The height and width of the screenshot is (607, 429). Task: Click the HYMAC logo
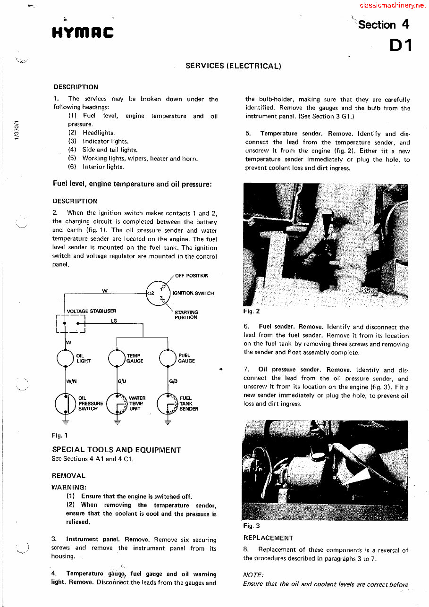pyautogui.click(x=83, y=33)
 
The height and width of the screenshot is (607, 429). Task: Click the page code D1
pyautogui.click(x=401, y=45)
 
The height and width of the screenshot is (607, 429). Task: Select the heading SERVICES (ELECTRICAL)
pyautogui.click(x=233, y=66)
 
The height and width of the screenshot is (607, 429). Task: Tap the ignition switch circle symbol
pyautogui.click(x=157, y=293)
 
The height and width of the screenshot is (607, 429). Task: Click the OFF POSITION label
pyautogui.click(x=192, y=276)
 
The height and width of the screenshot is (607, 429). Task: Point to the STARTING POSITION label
pyautogui.click(x=186, y=315)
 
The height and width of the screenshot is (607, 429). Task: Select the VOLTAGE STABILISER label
pyautogui.click(x=92, y=311)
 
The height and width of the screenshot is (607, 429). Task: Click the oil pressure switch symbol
pyautogui.click(x=65, y=404)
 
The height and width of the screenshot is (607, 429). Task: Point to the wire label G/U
pyautogui.click(x=121, y=381)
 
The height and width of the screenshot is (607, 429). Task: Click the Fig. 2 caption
pyautogui.click(x=252, y=311)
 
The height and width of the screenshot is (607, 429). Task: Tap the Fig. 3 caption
pyautogui.click(x=252, y=526)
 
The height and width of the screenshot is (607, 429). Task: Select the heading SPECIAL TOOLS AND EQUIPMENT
pyautogui.click(x=116, y=450)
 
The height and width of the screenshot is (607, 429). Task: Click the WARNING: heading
pyautogui.click(x=69, y=487)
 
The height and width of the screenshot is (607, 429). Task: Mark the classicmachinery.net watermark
pyautogui.click(x=392, y=6)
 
